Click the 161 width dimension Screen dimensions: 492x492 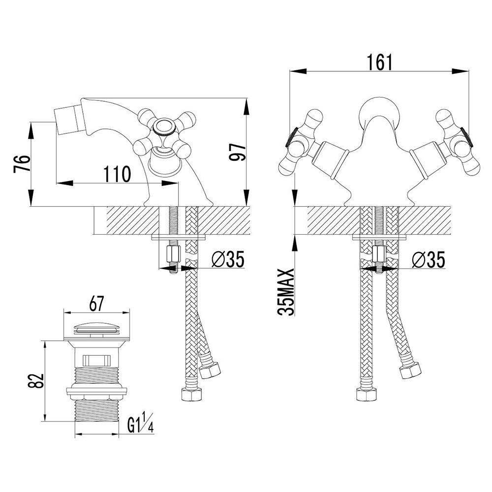coord(380,62)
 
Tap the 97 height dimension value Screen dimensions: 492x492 coord(237,152)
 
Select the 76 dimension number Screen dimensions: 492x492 coord(22,163)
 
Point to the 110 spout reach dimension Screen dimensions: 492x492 coord(117,174)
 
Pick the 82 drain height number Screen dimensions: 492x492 coord(35,381)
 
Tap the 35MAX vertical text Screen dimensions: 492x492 coord(286,292)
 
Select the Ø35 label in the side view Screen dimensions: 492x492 coord(228,259)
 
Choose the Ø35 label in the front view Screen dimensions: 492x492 coord(429,259)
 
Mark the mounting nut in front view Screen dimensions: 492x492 coord(379,254)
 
